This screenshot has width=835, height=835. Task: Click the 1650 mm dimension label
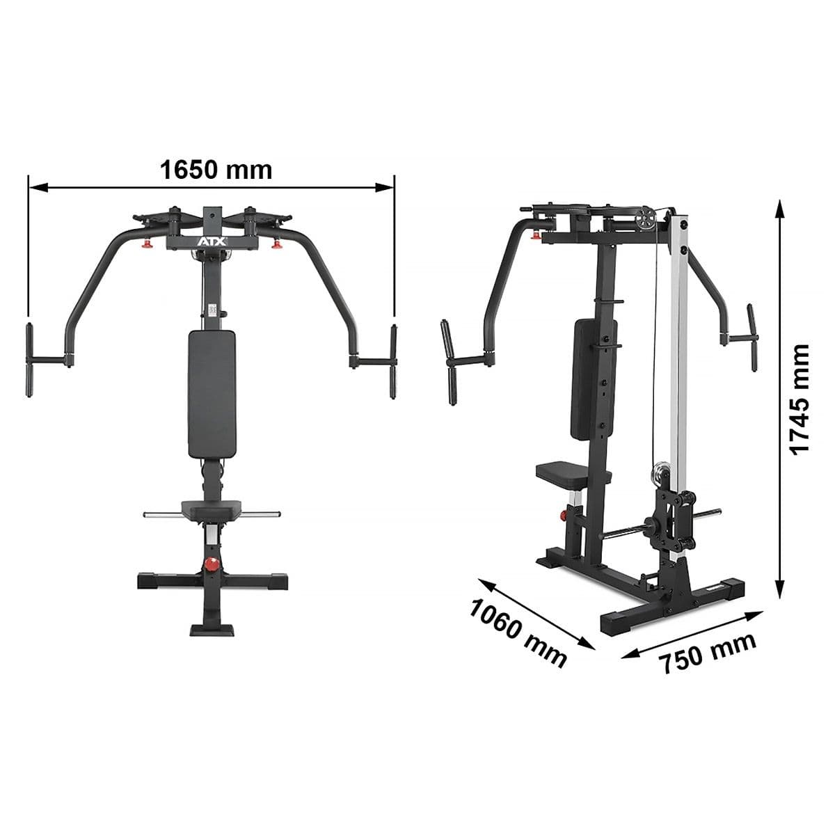coord(216,169)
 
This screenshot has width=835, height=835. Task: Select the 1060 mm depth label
coord(518,633)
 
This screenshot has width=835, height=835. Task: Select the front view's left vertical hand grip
coord(30,360)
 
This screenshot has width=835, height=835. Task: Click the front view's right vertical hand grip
coord(393,360)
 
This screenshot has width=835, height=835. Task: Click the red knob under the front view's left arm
coord(148,243)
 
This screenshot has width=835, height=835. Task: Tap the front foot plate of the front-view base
coord(209,627)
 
